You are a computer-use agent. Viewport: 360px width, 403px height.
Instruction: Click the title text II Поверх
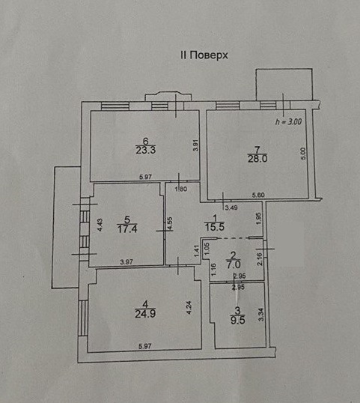coord(204,55)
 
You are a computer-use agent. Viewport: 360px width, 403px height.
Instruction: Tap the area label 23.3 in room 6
coord(146,150)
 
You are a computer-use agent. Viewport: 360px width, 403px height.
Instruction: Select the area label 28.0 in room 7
coord(257,159)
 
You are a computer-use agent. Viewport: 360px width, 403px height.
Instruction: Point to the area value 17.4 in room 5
coord(127,228)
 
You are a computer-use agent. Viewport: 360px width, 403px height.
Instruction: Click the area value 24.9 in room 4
coord(145,314)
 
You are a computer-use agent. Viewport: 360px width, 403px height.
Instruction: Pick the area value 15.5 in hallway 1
coord(215,227)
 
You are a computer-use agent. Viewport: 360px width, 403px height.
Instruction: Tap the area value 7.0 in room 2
coord(234,264)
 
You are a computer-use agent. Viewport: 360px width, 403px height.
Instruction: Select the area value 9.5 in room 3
coord(238,320)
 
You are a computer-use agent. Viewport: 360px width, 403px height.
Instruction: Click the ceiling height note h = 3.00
coord(288,121)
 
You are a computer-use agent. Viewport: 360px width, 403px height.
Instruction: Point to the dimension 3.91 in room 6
coord(195,145)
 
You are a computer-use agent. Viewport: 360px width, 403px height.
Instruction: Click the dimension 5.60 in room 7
coord(258,195)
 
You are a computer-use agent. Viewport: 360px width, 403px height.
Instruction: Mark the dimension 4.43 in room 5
coord(100,225)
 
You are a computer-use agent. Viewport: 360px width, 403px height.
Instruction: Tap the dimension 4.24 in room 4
coord(189,308)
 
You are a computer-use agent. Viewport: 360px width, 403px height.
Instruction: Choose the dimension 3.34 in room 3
coord(261,315)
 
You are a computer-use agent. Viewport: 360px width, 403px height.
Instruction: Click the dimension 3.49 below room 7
coord(231,207)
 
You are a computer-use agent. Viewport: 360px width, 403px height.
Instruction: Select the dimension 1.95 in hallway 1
coord(258,218)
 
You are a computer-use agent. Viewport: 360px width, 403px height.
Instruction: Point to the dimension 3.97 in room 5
coord(126,262)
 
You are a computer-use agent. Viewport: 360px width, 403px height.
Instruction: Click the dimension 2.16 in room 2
coord(260,259)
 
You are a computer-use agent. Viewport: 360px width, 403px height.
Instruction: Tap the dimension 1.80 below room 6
coord(181,190)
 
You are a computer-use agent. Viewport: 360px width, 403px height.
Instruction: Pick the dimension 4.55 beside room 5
coord(170,224)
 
